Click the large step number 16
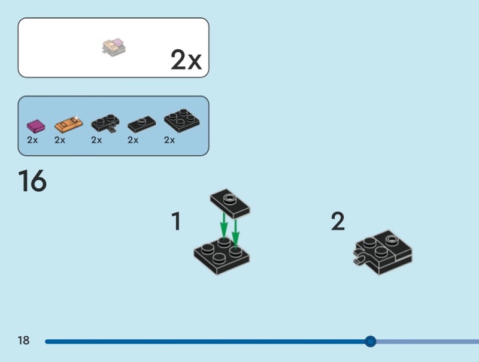pos(32,181)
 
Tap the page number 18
pos(23,341)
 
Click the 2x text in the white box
pos(186,60)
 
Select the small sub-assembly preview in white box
pos(114,47)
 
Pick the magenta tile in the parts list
pos(36,126)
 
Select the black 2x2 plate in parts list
pos(182,120)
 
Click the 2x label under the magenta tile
pos(32,140)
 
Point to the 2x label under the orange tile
pos(60,140)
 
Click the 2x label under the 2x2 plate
pos(169,140)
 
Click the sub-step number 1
pos(176,221)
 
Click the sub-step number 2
pos(338,221)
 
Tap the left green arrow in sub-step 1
pos(223,226)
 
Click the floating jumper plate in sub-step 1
pos(230,204)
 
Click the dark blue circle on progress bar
pos(371,342)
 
